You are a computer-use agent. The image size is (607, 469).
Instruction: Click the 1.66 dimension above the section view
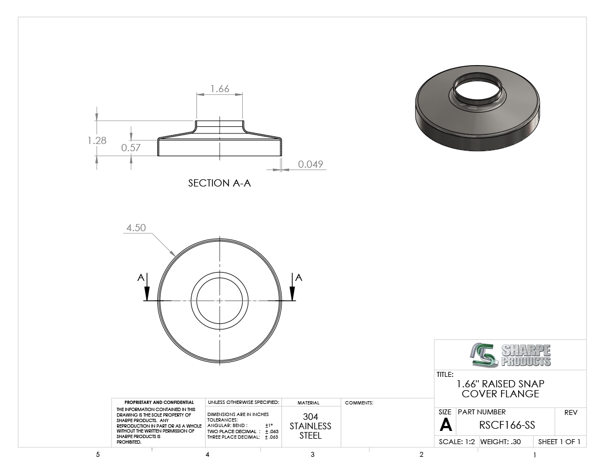[x=220, y=89]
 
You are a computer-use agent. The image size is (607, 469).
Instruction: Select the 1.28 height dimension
[x=97, y=140]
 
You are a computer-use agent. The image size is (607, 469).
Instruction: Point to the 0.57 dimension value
[x=131, y=147]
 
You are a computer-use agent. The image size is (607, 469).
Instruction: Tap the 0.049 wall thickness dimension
[x=311, y=164]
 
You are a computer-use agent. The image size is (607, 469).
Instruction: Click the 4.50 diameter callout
[x=136, y=227]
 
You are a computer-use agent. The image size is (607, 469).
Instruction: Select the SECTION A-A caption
[x=220, y=183]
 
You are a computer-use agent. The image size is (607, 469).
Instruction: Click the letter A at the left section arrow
[x=141, y=278]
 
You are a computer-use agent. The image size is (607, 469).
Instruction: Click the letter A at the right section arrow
[x=299, y=278]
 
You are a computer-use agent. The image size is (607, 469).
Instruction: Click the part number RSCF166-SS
[x=507, y=425]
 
